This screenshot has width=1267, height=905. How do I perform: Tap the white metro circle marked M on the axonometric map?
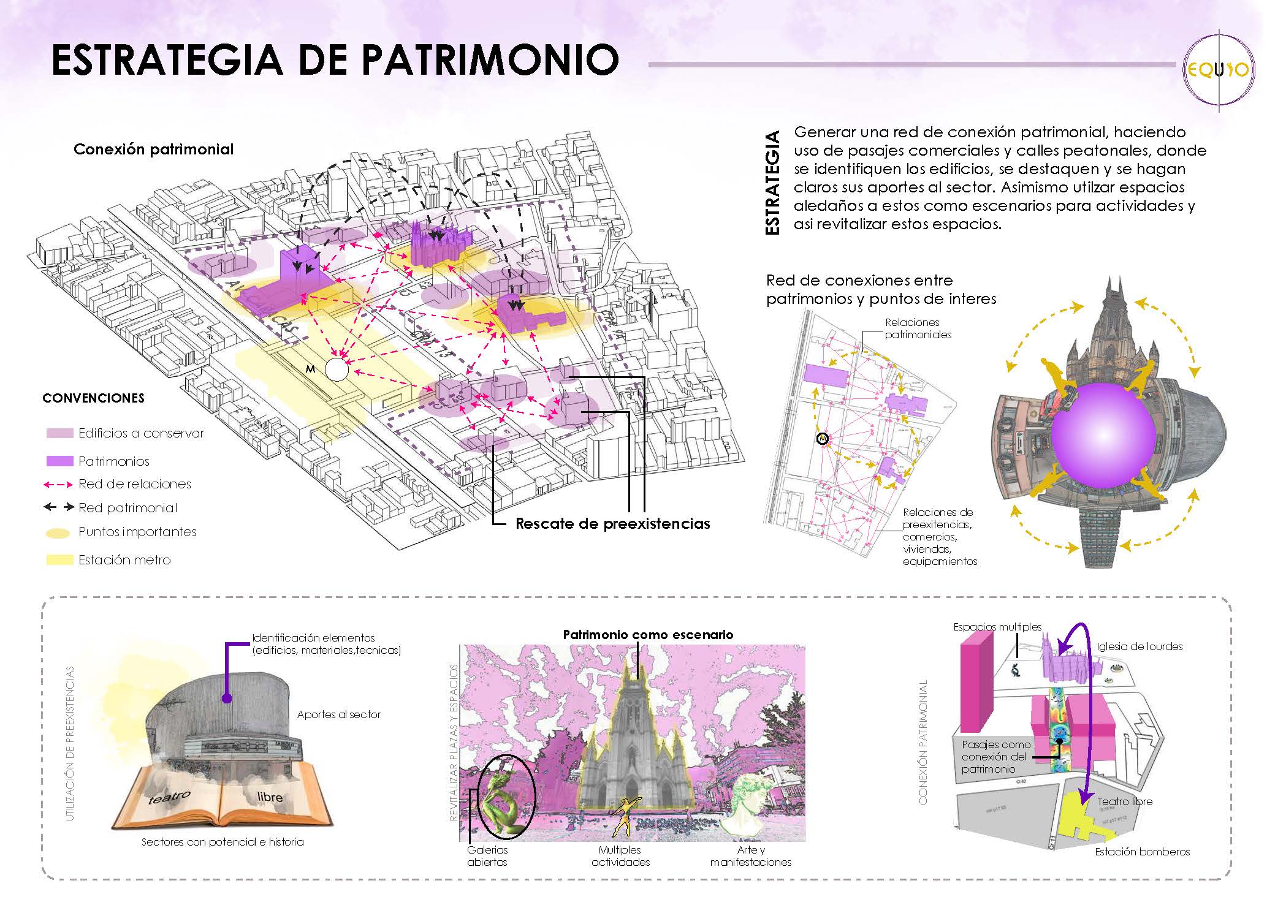(x=337, y=370)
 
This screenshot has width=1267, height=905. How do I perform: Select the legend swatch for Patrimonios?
(x=59, y=461)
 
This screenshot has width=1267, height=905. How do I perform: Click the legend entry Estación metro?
(x=124, y=560)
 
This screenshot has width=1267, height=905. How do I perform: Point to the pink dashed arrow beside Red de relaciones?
(x=58, y=484)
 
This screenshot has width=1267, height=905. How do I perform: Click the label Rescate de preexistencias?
(x=612, y=524)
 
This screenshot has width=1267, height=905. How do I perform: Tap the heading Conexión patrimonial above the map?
(x=153, y=150)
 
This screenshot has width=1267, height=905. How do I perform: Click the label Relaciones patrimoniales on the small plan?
(x=918, y=328)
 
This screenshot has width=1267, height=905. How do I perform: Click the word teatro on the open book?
(x=169, y=798)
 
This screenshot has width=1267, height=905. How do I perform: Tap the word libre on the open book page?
(x=270, y=797)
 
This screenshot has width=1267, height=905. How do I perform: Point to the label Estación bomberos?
(x=1142, y=852)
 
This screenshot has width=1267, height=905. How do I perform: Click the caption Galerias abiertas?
(x=487, y=856)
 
